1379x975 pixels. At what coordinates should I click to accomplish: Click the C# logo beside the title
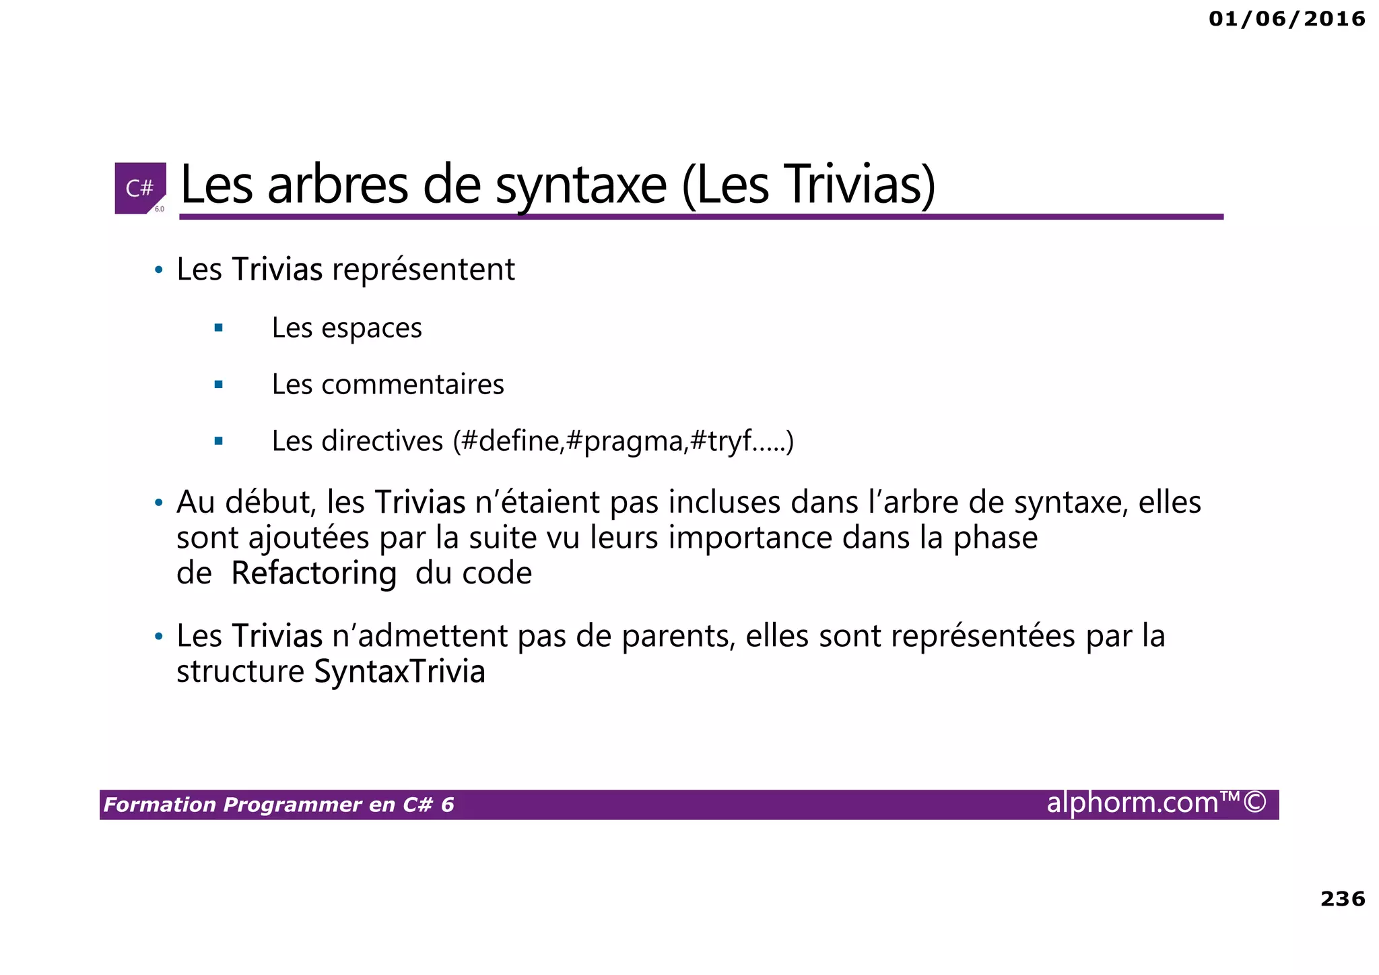tap(140, 188)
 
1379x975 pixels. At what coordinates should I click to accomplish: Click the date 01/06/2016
tap(1287, 19)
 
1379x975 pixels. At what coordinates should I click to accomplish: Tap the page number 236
tap(1342, 899)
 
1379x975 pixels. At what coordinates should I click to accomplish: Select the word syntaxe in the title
tap(581, 186)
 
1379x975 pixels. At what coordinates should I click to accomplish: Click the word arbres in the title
tap(337, 186)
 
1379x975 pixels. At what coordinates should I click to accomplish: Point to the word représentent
tap(424, 270)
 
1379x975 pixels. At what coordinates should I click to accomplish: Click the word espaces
tap(372, 328)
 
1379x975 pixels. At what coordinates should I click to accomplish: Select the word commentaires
tap(413, 385)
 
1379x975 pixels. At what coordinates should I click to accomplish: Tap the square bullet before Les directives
tap(218, 441)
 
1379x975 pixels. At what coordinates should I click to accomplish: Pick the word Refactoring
tap(314, 573)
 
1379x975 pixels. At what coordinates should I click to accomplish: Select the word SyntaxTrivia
tap(399, 672)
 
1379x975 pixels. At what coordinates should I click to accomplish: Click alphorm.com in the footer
tap(1133, 803)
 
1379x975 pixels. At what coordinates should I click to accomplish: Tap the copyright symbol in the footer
tap(1254, 803)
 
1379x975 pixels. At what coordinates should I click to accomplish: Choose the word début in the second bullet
tap(271, 503)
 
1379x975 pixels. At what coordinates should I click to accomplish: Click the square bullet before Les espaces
tap(218, 328)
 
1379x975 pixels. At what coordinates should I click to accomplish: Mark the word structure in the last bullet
tap(240, 672)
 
